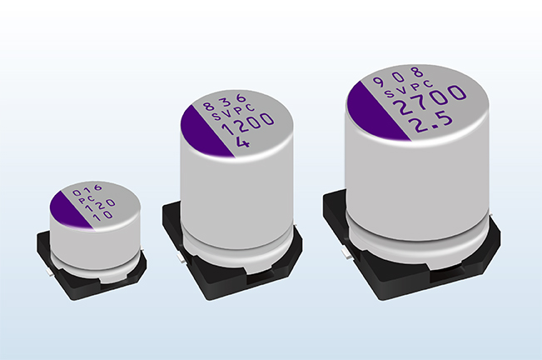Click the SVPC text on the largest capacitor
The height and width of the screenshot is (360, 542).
click(409, 89)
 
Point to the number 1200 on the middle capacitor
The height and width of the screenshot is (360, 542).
click(247, 125)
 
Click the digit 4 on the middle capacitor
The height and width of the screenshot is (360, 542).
click(242, 142)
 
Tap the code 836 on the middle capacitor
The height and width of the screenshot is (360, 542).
click(224, 102)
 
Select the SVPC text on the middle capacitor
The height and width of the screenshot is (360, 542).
click(233, 112)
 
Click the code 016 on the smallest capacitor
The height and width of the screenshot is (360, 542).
click(87, 189)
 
